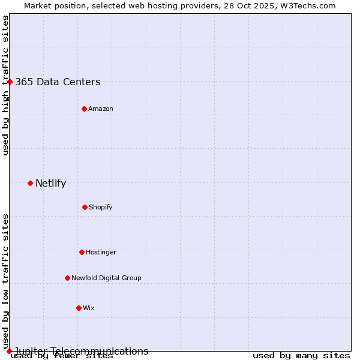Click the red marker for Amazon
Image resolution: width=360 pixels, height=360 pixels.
point(84,109)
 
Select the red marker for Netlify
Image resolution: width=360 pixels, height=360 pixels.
point(30,183)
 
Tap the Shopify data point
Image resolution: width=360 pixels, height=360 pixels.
point(85,207)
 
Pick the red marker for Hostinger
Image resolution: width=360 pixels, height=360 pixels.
point(82,252)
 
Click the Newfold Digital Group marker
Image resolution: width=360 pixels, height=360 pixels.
point(67,278)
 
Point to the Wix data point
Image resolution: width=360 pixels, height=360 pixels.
point(79,308)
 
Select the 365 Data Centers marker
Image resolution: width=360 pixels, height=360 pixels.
point(10,82)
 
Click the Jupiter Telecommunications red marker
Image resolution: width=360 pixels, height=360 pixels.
point(9,351)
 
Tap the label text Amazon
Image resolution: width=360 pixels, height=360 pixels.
point(101,109)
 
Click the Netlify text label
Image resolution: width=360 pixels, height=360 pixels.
point(50,183)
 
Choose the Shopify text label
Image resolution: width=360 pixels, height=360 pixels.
point(101,207)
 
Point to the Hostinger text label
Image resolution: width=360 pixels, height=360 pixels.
point(101,252)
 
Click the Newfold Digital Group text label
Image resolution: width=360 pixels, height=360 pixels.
point(106,278)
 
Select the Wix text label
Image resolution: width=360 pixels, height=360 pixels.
point(89,308)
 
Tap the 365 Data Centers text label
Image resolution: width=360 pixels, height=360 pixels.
point(58,82)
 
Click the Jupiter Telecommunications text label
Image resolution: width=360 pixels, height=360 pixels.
point(82,351)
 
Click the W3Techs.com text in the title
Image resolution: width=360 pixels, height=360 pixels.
point(305,5)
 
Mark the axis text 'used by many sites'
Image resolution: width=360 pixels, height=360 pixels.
point(301,355)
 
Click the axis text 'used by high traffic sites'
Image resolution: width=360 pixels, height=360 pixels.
point(5,85)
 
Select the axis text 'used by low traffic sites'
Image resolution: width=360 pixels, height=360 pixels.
point(5,282)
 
